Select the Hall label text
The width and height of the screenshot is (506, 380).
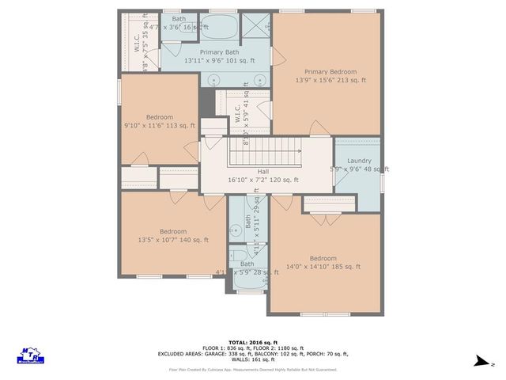[x=262, y=172]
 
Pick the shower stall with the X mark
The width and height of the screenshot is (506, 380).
[x=255, y=26]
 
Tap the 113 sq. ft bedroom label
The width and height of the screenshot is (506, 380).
[x=159, y=116]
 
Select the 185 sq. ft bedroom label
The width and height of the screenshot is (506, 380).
[x=323, y=258]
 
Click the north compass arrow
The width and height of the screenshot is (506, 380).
[x=480, y=363]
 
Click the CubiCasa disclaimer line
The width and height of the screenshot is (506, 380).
[x=253, y=370]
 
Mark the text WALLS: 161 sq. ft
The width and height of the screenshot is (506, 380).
[x=253, y=359]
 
